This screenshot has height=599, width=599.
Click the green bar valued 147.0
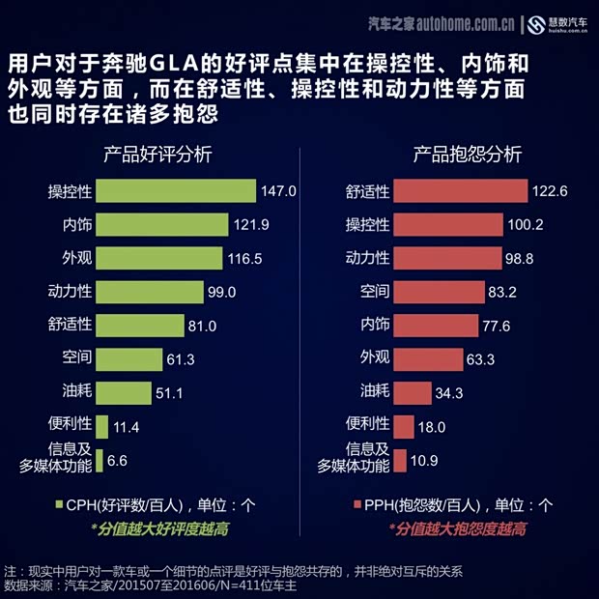point(175,191)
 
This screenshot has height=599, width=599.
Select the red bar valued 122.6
point(461,191)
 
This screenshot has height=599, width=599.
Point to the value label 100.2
point(527,225)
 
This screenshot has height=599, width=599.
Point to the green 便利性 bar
point(101,426)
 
